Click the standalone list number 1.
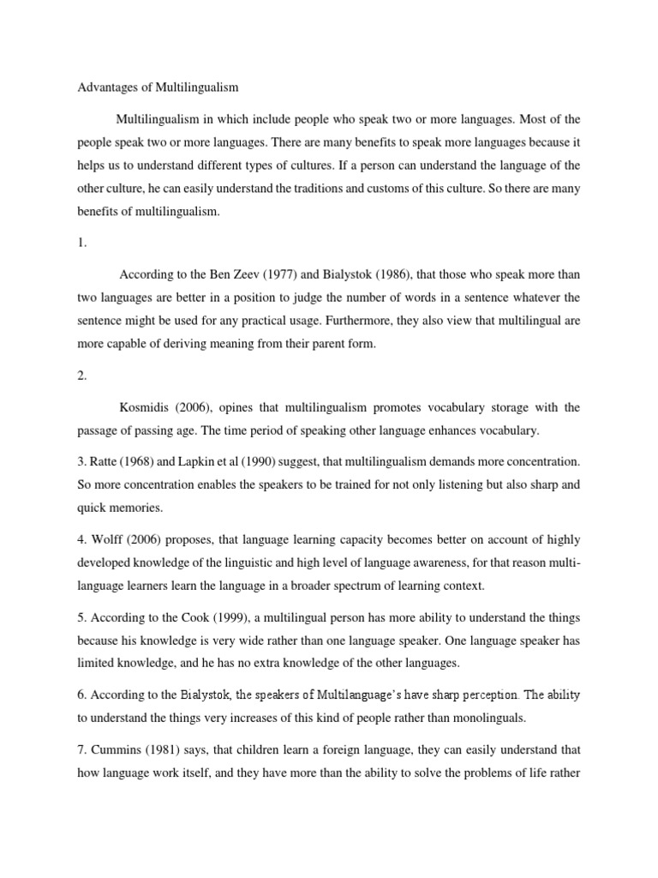[x=81, y=243]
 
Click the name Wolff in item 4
[x=108, y=539]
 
